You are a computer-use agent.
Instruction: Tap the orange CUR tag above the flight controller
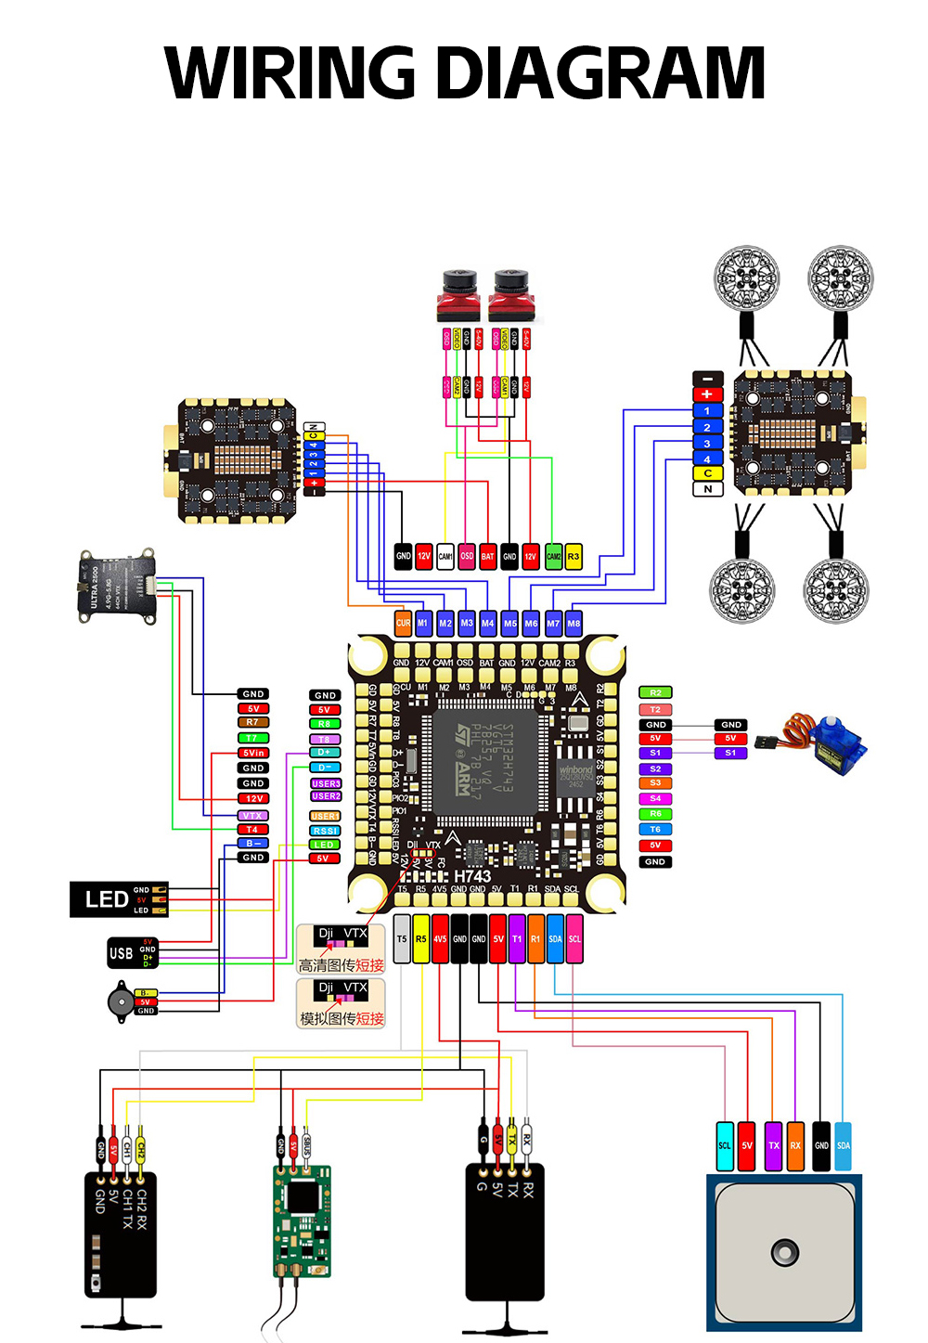(x=403, y=623)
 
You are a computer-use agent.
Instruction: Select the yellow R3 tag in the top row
(x=574, y=556)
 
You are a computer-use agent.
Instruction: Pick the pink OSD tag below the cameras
(x=467, y=556)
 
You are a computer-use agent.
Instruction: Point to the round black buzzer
(x=120, y=1003)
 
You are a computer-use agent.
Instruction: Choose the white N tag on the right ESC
(x=707, y=489)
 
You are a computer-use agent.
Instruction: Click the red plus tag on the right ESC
(x=707, y=394)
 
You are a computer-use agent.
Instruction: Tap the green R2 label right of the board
(x=655, y=692)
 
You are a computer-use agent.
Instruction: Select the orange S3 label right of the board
(x=655, y=783)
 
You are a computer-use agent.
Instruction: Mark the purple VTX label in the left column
(x=253, y=816)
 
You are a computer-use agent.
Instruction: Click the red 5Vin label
(x=253, y=753)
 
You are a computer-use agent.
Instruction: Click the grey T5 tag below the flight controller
(x=402, y=938)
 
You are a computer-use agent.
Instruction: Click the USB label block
(x=122, y=953)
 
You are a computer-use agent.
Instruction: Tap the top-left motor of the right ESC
(x=746, y=278)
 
